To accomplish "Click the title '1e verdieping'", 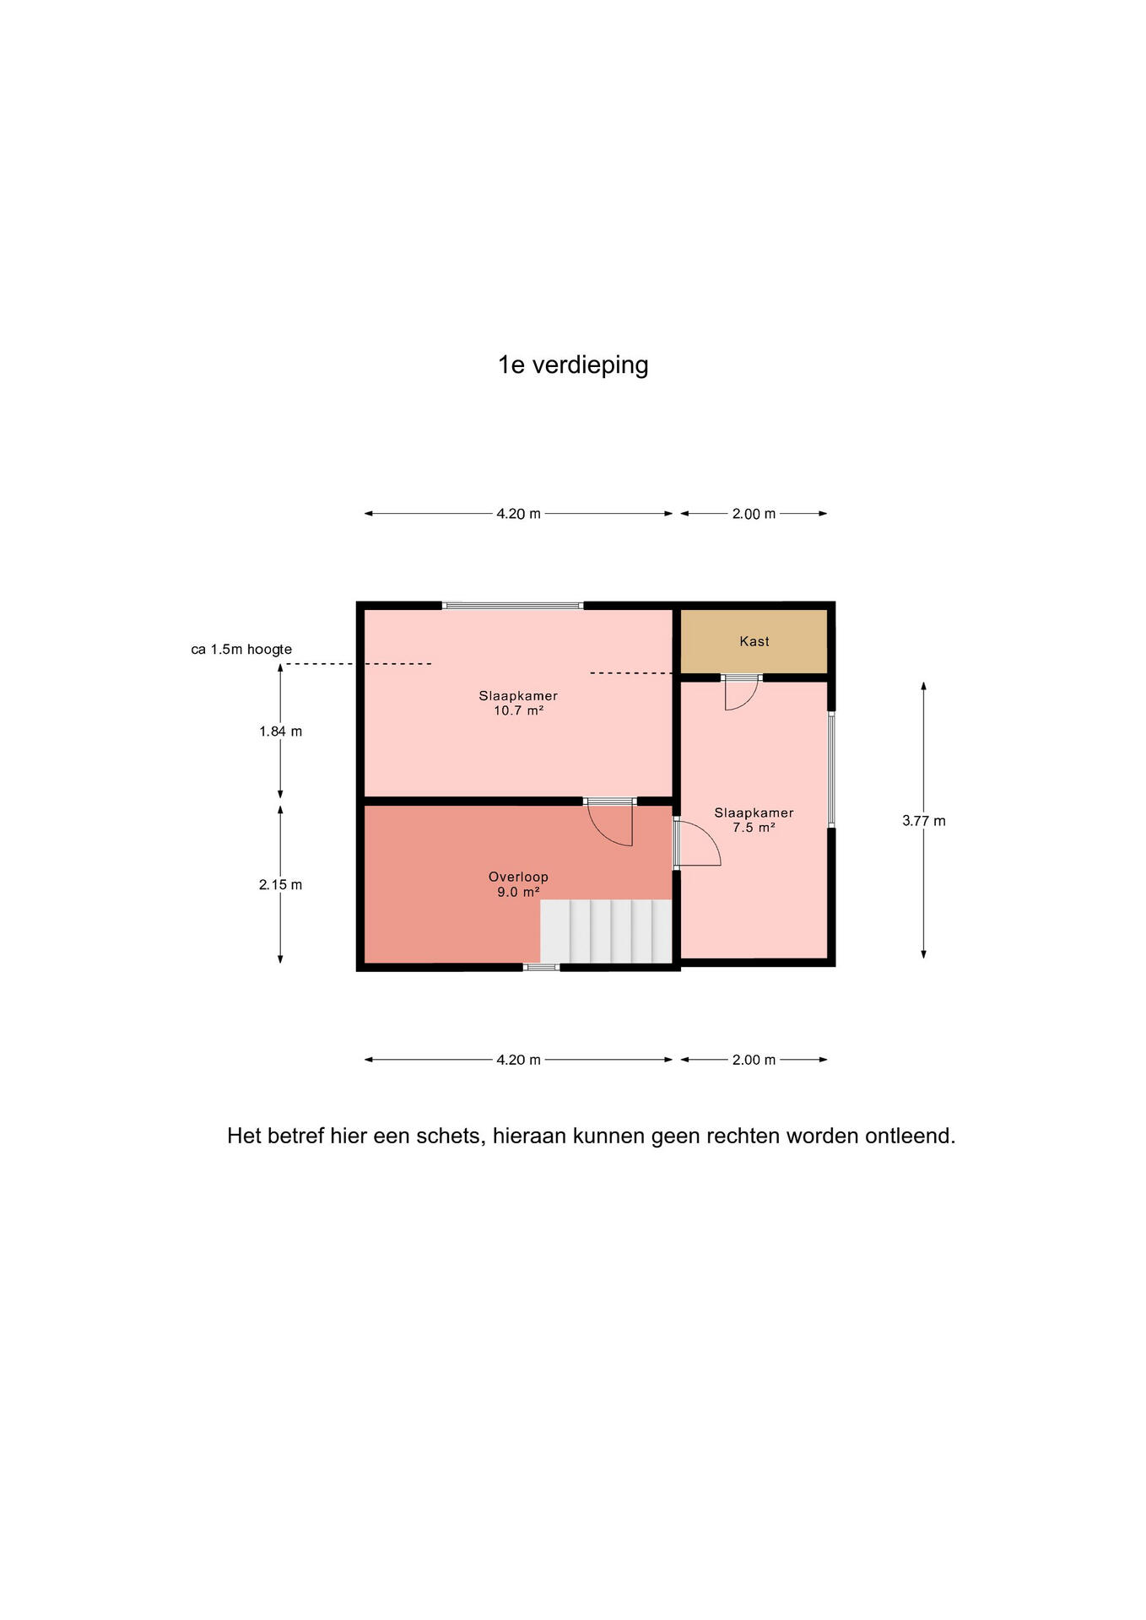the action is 573,365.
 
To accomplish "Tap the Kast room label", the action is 754,641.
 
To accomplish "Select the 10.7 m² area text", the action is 518,710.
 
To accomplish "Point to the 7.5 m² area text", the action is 754,828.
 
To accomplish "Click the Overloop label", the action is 518,877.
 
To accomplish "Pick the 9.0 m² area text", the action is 518,892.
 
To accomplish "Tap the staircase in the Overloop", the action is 606,931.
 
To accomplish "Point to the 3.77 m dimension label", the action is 924,821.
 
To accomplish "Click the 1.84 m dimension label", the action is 280,732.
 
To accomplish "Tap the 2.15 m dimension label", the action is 280,885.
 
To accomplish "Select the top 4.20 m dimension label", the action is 518,514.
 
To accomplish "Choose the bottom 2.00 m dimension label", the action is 754,1060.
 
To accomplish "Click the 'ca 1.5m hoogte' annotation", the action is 241,650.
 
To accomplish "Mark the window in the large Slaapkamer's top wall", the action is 513,605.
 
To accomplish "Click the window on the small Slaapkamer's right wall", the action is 831,769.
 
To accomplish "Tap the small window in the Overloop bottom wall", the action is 542,967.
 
